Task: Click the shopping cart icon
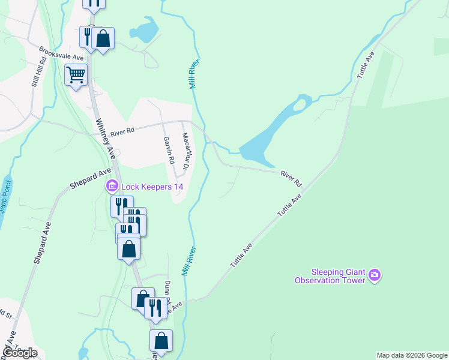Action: [x=76, y=75]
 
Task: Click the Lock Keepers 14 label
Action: [x=152, y=187]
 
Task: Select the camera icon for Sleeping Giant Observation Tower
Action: [x=375, y=275]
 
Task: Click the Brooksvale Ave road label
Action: [x=61, y=53]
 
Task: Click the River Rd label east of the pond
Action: [x=290, y=178]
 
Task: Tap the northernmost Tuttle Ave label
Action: [x=366, y=65]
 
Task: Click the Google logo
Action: [x=20, y=353]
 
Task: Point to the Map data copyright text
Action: [x=412, y=355]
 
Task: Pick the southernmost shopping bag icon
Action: [x=161, y=341]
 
